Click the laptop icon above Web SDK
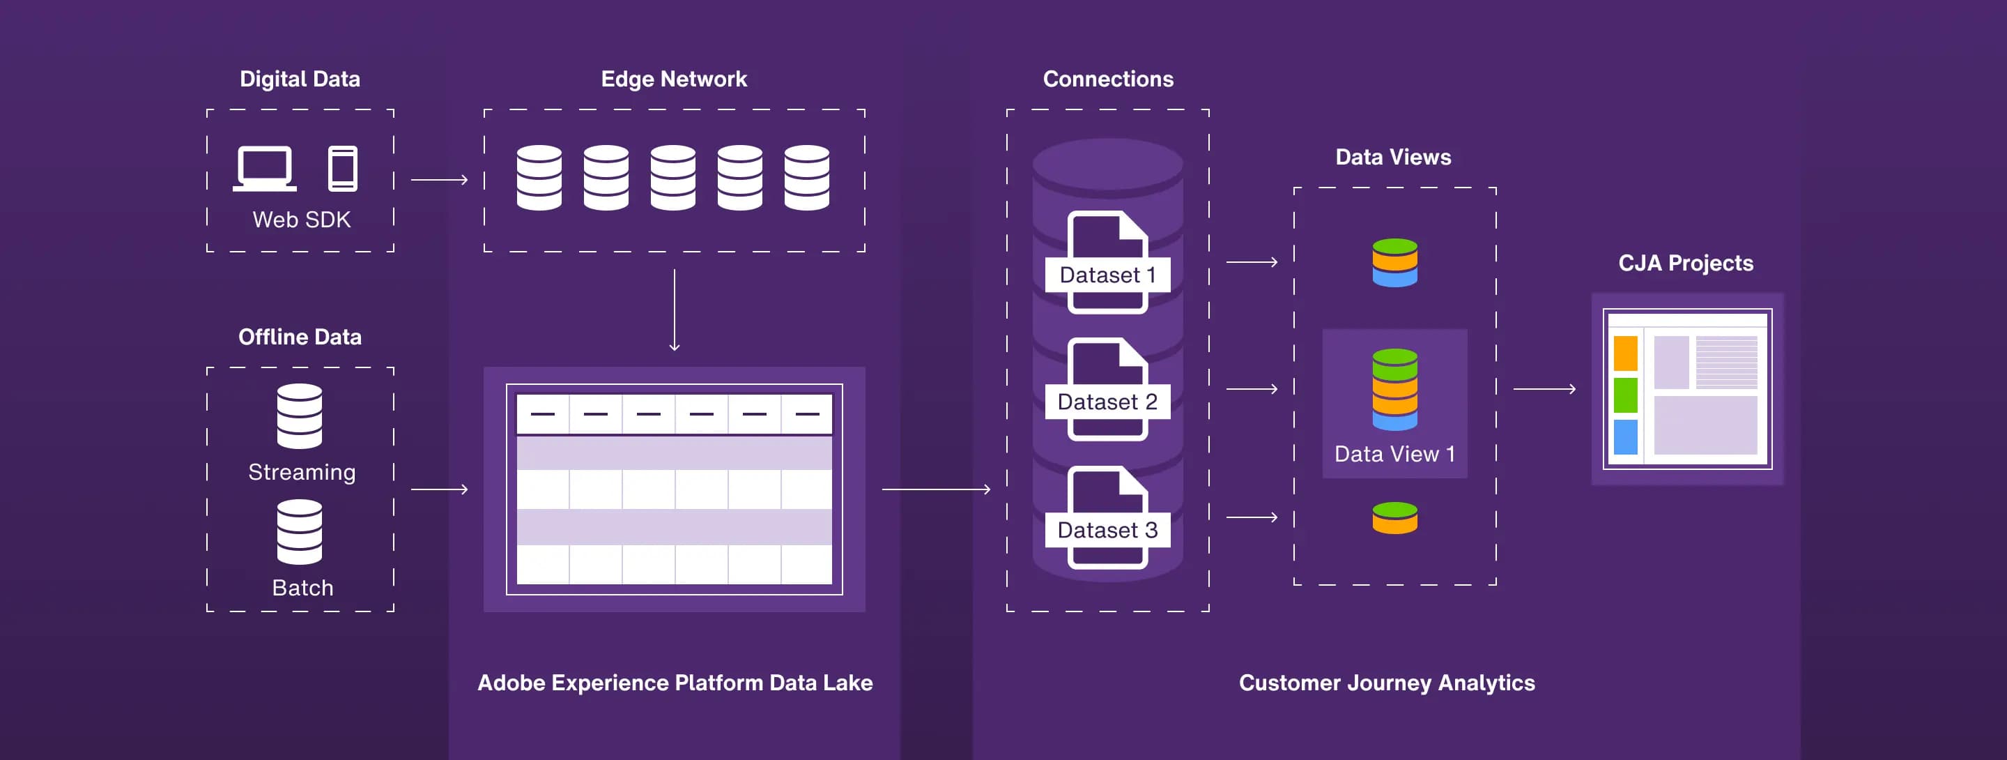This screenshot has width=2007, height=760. (x=265, y=167)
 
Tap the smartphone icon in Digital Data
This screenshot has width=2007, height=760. (x=343, y=168)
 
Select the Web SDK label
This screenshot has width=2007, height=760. (x=302, y=220)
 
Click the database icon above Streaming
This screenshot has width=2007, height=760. (x=299, y=416)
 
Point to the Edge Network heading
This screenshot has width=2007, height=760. (x=673, y=79)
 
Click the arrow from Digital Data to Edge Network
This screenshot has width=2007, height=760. (x=440, y=180)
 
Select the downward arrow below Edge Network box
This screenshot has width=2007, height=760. (x=675, y=310)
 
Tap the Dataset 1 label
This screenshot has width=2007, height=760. (x=1107, y=275)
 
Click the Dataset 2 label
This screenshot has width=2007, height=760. (x=1107, y=402)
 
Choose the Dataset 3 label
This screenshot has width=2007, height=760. (x=1107, y=530)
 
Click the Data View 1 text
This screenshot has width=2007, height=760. (x=1394, y=454)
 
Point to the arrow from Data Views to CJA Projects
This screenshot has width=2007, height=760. (x=1544, y=388)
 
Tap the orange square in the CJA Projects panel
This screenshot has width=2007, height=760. (x=1625, y=353)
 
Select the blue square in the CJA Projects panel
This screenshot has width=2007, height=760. (x=1625, y=436)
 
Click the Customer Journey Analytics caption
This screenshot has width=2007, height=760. (x=1387, y=683)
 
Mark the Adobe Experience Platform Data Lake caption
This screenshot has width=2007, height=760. (x=675, y=683)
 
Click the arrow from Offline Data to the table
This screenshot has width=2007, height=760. (x=440, y=489)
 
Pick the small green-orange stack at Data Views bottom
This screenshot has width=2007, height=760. (x=1394, y=518)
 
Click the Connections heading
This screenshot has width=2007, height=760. (x=1107, y=79)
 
